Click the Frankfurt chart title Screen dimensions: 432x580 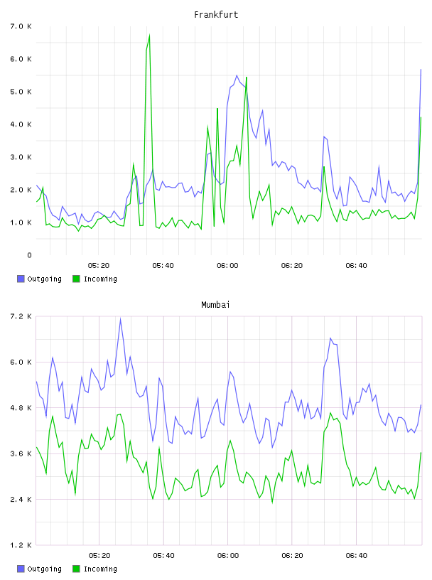(x=216, y=15)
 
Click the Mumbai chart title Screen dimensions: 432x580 (x=215, y=305)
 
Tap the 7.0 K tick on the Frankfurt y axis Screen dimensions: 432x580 (x=21, y=26)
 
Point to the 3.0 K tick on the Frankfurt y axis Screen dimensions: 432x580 (x=21, y=157)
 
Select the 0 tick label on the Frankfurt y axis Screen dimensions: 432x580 (x=30, y=255)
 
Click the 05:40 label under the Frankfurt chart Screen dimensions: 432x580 (x=163, y=266)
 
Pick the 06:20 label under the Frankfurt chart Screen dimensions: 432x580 (x=292, y=266)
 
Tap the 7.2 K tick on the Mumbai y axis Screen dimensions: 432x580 (x=21, y=316)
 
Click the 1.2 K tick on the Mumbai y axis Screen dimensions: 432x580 (x=21, y=545)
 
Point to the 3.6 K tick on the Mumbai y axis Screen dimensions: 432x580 (x=21, y=454)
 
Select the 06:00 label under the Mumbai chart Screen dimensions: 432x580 (x=228, y=556)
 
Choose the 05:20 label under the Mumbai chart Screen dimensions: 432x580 (x=99, y=556)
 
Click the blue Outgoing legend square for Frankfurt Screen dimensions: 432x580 (x=21, y=279)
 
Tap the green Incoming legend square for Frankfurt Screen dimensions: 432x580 (x=76, y=279)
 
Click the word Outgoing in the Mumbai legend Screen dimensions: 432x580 (x=44, y=569)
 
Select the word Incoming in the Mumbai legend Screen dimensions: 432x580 (x=100, y=569)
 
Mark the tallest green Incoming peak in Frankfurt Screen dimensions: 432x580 (x=149, y=35)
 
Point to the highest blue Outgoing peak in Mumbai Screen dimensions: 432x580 (x=121, y=318)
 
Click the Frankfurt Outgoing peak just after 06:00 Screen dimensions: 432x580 (x=237, y=76)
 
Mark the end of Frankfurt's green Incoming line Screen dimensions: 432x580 (x=421, y=117)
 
